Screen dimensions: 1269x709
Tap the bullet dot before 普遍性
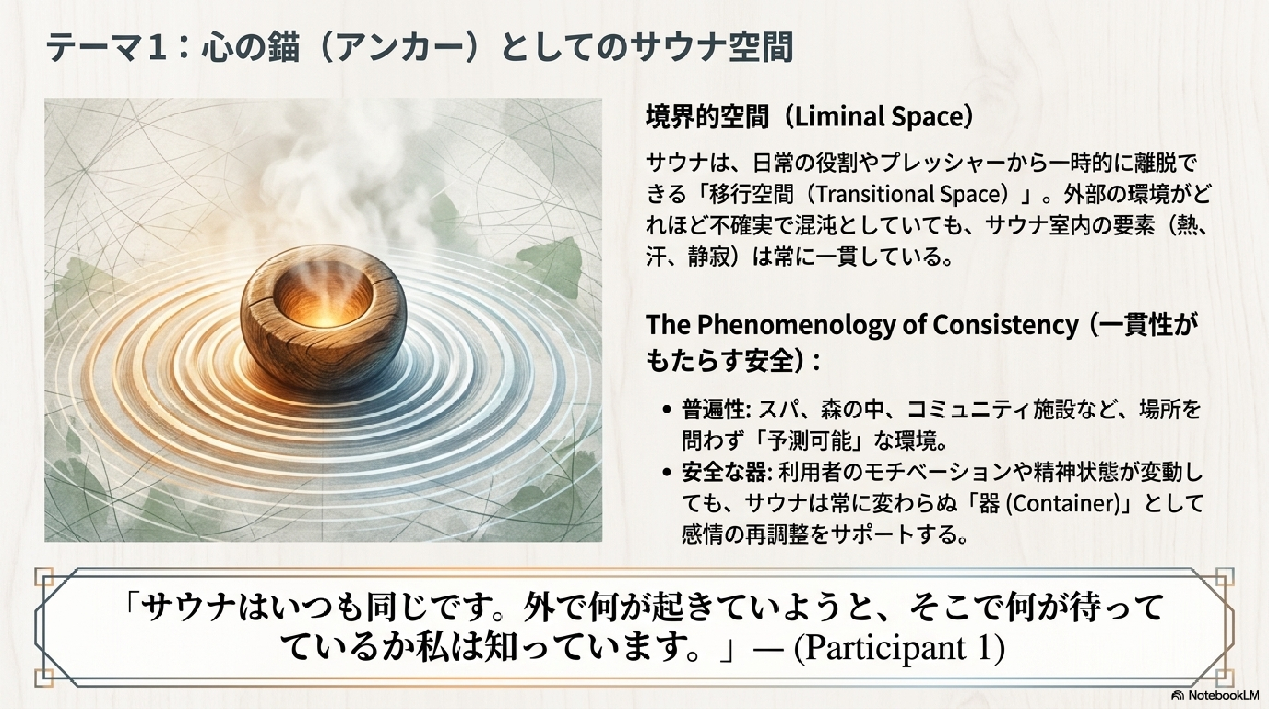coord(667,409)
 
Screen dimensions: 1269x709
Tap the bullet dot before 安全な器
coord(667,472)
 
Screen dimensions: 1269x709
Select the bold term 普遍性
coord(712,410)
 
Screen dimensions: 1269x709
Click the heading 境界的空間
coord(707,117)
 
